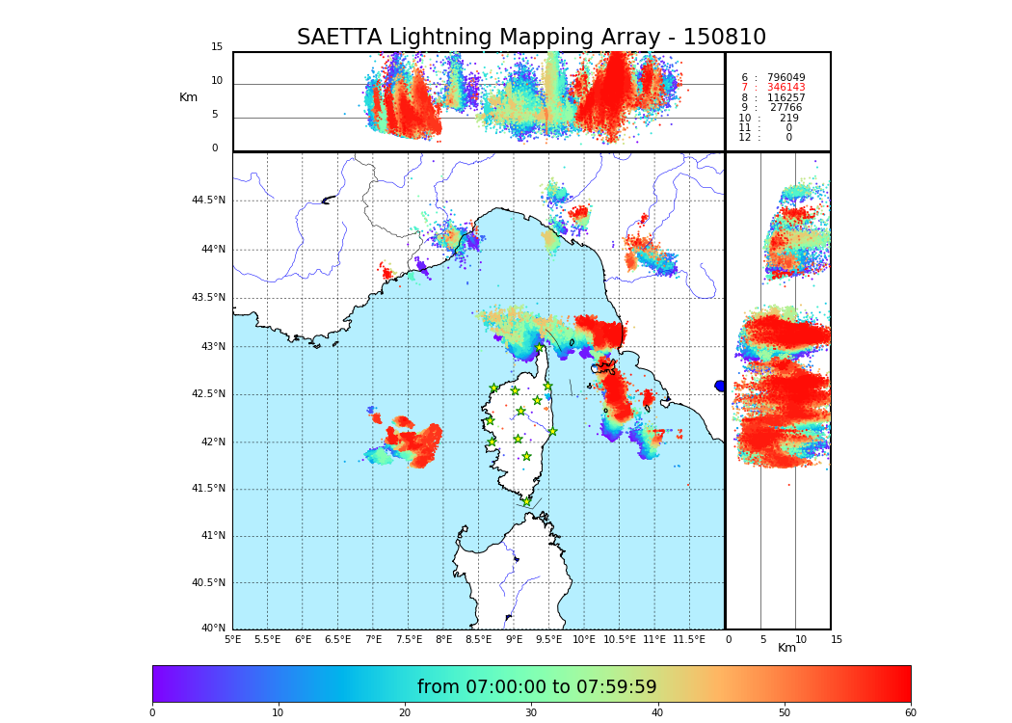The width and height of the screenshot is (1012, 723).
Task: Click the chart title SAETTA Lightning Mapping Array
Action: coord(531,38)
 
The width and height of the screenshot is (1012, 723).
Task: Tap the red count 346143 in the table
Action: coord(786,88)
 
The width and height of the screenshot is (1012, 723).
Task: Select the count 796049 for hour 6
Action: coord(786,78)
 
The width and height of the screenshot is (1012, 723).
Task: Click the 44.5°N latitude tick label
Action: coord(208,201)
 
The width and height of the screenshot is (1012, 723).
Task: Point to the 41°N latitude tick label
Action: coord(212,536)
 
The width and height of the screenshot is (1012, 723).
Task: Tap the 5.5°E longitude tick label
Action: coord(267,639)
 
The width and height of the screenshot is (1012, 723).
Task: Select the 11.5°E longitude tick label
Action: coord(690,639)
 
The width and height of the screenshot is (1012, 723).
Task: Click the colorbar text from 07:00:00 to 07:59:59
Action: coord(537,687)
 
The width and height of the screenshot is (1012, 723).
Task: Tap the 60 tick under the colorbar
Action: coord(910,713)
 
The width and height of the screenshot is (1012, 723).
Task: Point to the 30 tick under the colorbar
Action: coord(531,713)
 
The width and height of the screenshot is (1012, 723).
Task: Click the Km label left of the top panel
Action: coord(188,97)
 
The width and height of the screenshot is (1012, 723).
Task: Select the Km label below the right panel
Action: coord(787,648)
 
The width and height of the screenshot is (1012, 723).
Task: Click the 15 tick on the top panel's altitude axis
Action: coord(217,47)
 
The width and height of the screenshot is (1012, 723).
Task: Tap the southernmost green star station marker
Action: coord(526,501)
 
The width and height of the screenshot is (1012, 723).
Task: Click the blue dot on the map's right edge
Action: coord(720,386)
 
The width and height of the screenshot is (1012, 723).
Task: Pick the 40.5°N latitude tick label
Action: coord(208,583)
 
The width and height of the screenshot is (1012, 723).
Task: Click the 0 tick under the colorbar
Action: coord(152,713)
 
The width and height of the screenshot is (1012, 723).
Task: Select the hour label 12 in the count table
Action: coord(745,138)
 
